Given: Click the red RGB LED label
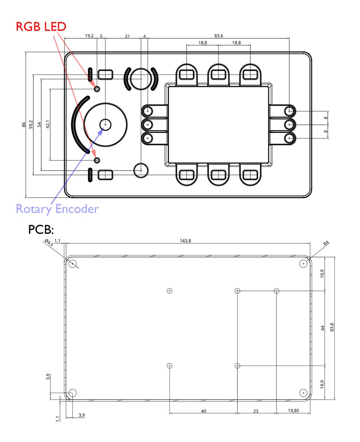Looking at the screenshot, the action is click(41, 26).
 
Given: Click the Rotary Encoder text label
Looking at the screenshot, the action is click(58, 209).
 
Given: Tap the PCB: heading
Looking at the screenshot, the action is click(41, 230).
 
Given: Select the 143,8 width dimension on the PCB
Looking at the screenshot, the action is click(185, 241).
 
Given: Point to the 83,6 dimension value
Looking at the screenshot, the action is click(218, 36).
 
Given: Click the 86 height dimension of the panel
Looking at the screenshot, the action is click(24, 124).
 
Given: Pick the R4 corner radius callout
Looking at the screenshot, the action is click(326, 243).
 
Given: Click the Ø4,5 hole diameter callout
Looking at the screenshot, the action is click(49, 243).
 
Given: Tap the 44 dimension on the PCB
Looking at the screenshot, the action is click(323, 328).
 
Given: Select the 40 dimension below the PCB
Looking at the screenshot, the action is click(204, 411).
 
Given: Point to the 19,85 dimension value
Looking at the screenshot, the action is click(294, 410).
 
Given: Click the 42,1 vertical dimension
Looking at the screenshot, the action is click(48, 124).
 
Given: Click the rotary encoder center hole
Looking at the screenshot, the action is click(106, 124).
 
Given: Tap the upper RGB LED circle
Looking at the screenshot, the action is click(97, 89).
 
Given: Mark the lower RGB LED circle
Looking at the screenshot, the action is click(97, 161).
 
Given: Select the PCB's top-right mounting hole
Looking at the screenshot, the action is click(303, 264).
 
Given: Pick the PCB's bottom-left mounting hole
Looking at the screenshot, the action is click(73, 393).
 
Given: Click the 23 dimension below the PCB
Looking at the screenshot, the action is click(256, 411).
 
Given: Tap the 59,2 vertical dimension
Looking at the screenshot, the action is click(31, 124).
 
